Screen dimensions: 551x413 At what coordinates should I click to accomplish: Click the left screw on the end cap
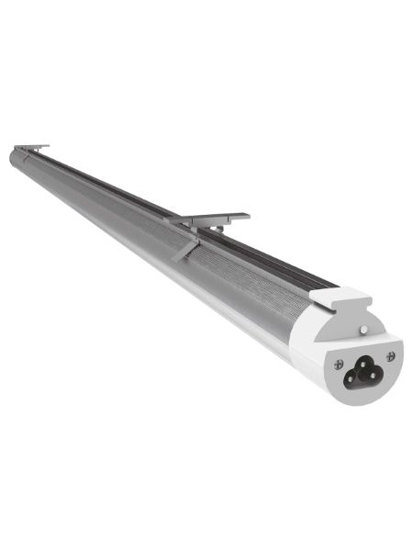click(x=339, y=365)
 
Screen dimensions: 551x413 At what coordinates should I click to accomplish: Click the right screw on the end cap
click(x=391, y=355)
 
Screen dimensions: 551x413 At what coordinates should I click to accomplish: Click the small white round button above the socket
click(x=363, y=328)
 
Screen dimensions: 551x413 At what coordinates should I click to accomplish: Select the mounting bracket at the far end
click(x=30, y=147)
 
